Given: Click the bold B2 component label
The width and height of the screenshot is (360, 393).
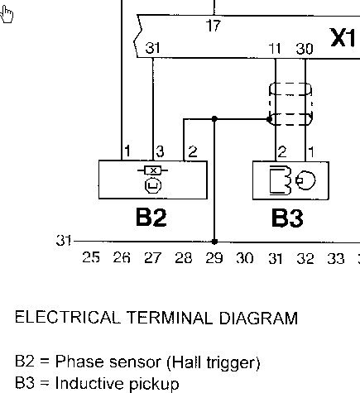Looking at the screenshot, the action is pyautogui.click(x=151, y=218).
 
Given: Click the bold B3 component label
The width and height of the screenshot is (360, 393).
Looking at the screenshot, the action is pyautogui.click(x=287, y=218).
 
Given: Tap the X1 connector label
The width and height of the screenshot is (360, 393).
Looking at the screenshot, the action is pyautogui.click(x=343, y=37).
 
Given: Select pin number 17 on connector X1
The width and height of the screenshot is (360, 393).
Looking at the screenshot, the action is pyautogui.click(x=214, y=26).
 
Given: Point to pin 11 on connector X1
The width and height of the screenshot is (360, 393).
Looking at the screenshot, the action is pyautogui.click(x=275, y=49).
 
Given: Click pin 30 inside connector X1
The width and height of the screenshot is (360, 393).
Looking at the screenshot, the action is pyautogui.click(x=305, y=49).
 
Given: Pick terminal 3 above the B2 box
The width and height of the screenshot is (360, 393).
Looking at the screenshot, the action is pyautogui.click(x=160, y=151).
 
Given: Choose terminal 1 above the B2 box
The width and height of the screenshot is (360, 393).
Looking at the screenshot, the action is pyautogui.click(x=127, y=151).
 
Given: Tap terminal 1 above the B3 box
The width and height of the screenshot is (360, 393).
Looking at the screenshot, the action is pyautogui.click(x=311, y=152).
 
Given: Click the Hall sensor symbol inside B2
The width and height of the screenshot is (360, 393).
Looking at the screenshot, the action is pyautogui.click(x=153, y=180).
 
